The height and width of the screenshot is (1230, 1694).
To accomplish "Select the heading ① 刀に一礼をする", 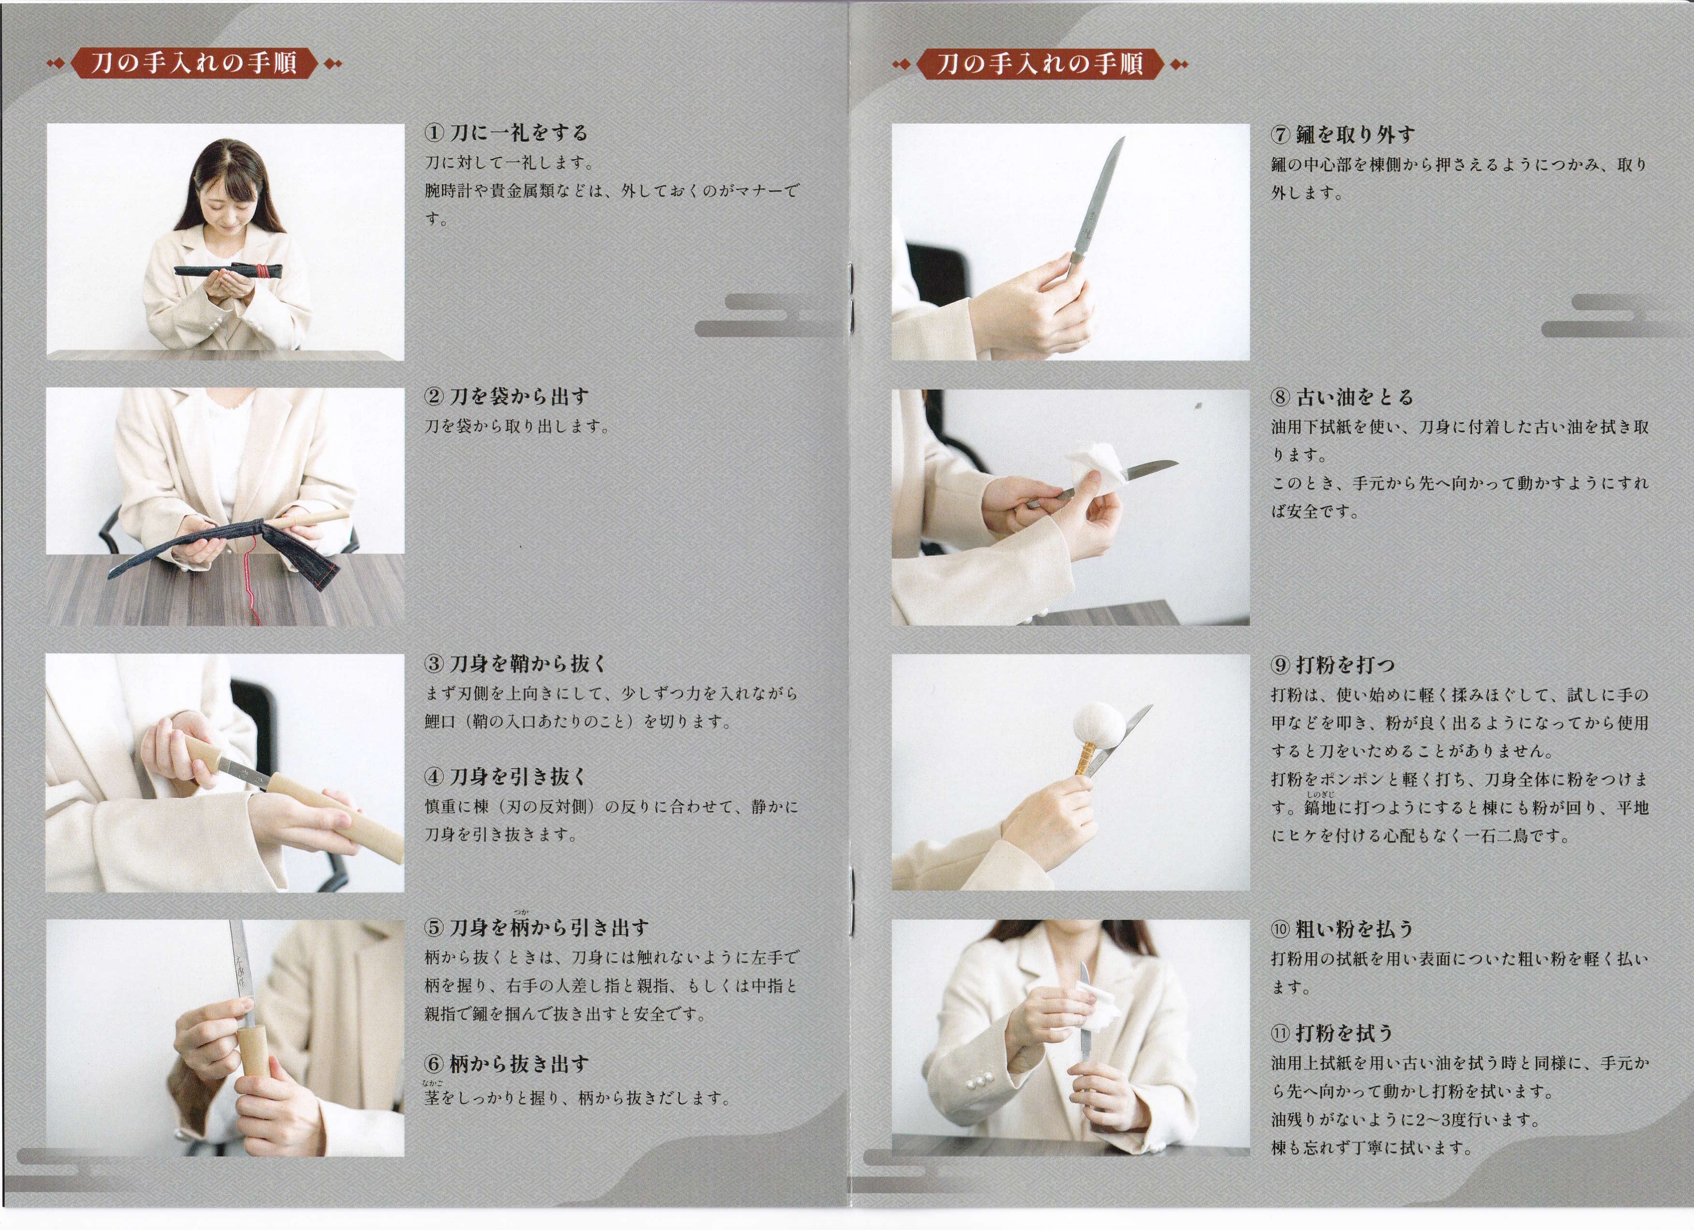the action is point(506,133).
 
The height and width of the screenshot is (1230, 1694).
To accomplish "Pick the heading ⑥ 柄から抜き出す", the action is point(506,1064).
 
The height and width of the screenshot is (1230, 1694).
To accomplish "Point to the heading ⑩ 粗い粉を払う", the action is point(1342,930).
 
